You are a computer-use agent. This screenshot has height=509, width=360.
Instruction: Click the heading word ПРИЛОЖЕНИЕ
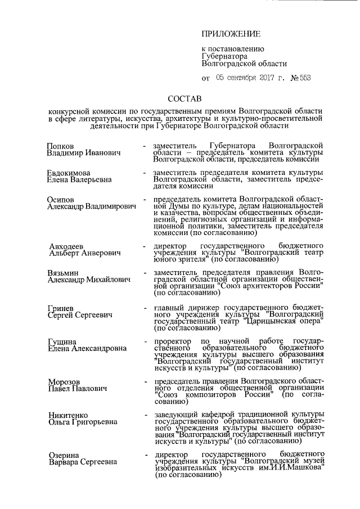point(229,35)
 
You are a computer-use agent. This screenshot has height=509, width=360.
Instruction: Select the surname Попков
point(61,145)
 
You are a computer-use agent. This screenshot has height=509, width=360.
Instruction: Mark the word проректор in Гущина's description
point(173,341)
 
